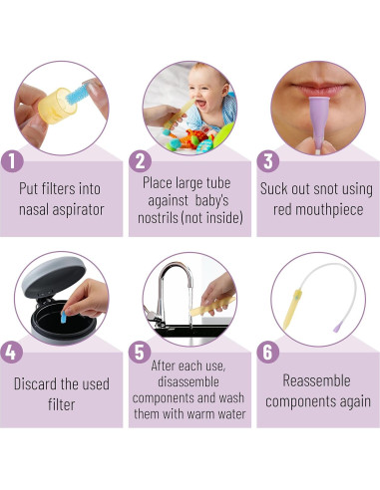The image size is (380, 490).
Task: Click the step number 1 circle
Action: [x=12, y=161]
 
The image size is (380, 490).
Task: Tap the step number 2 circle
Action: [x=141, y=161]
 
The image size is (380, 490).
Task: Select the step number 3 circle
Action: [x=268, y=161]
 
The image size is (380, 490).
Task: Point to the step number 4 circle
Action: [x=12, y=352]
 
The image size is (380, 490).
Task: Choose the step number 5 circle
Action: [x=140, y=352]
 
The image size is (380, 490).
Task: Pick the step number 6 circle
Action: [x=268, y=352]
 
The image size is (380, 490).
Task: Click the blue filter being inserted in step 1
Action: [x=78, y=94]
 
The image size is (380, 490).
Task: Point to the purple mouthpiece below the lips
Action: [x=318, y=122]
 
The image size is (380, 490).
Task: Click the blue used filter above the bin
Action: [x=63, y=317]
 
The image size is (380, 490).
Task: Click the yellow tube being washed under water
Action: [x=212, y=307]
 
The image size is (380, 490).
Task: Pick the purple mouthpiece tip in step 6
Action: [x=337, y=329]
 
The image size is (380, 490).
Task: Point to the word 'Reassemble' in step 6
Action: [x=316, y=380]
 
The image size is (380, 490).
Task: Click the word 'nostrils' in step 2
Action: [x=158, y=218]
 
